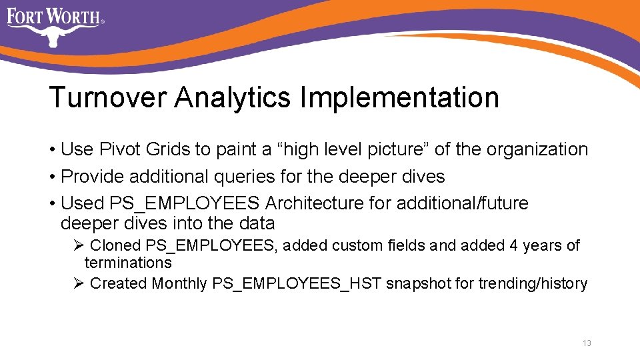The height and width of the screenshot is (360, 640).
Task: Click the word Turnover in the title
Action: click(107, 97)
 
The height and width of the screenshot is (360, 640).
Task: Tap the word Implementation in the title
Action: click(399, 97)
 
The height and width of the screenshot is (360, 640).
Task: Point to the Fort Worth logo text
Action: click(54, 15)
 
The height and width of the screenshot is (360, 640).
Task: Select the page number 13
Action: click(587, 343)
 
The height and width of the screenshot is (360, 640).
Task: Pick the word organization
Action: click(537, 149)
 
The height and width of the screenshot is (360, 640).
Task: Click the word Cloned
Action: click(115, 245)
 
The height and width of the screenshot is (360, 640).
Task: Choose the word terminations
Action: click(128, 263)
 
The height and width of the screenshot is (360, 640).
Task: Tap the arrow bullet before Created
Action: click(78, 283)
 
